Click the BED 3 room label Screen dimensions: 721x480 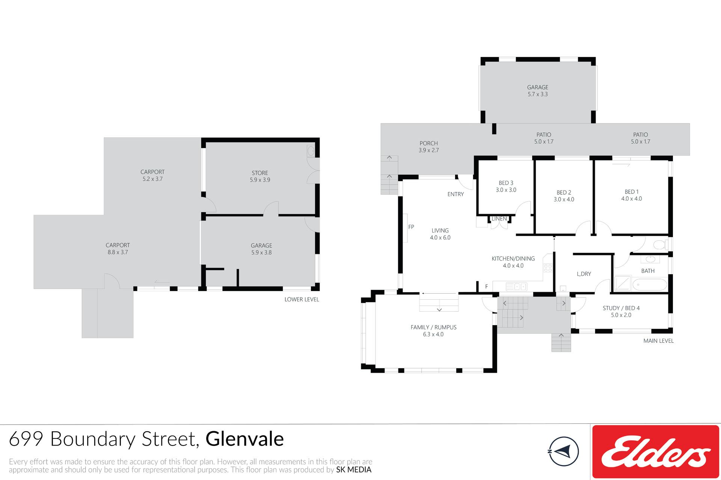point(506,183)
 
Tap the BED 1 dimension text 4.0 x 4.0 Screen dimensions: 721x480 point(632,199)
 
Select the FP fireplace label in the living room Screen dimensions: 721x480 point(411,227)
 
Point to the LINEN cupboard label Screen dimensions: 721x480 point(499,219)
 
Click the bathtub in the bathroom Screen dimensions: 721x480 point(650,285)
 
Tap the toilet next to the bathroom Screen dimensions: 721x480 point(660,245)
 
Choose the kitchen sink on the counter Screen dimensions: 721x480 point(516,287)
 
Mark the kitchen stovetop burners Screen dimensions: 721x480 point(548,268)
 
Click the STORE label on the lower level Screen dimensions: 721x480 point(260,173)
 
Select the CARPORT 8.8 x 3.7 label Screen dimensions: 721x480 point(118,249)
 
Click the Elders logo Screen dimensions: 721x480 point(656,452)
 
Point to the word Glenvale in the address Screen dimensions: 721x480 point(244,439)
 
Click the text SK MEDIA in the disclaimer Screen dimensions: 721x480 point(354,470)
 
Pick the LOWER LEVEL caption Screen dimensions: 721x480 point(302,299)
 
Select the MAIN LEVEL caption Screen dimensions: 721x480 point(658,341)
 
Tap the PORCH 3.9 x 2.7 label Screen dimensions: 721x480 point(429,147)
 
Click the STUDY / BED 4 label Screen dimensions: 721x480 point(621,308)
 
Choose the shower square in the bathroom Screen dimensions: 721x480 point(622,284)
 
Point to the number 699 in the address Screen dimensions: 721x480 point(26,439)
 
